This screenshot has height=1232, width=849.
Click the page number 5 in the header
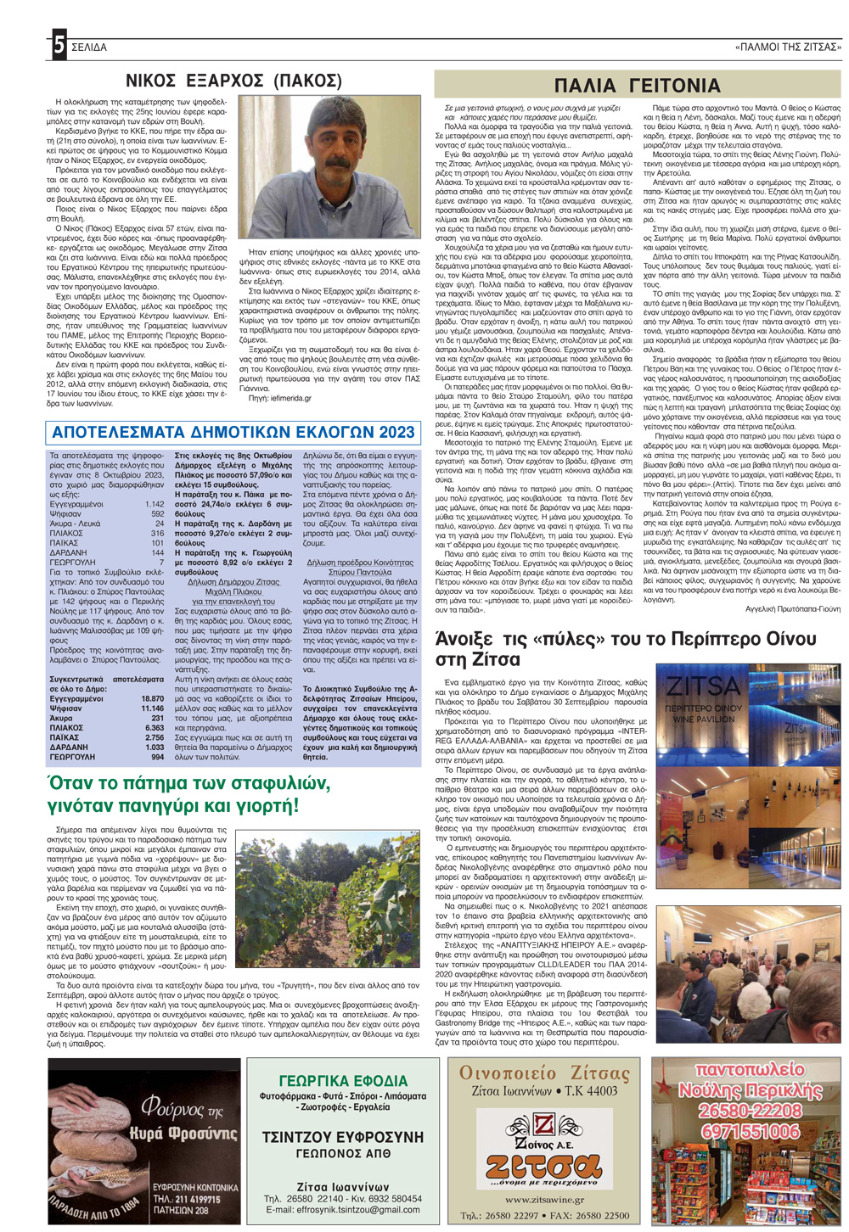click(x=58, y=46)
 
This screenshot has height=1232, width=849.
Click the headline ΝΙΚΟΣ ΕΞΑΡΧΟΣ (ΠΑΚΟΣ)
click(x=233, y=81)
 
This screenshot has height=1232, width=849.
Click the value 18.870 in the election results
click(x=153, y=698)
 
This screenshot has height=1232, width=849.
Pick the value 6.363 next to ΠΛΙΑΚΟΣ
click(x=155, y=728)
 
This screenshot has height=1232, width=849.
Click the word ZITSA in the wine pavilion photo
click(x=703, y=686)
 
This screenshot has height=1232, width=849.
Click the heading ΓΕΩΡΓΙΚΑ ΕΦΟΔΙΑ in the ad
click(x=344, y=1081)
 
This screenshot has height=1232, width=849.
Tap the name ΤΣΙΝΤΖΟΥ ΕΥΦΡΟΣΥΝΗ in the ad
click(x=343, y=1137)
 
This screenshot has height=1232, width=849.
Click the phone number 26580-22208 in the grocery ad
click(x=750, y=1111)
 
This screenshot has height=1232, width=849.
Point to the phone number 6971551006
click(x=750, y=1132)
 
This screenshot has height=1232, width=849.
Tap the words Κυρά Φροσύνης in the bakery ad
click(x=183, y=1134)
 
